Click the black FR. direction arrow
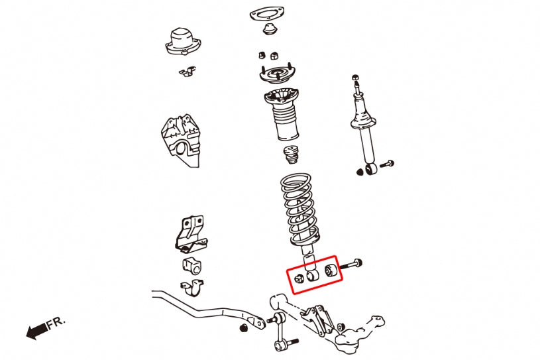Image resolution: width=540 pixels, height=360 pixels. [x=36, y=331]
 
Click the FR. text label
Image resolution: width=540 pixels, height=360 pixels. [x=56, y=323]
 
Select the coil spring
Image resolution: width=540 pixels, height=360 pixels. [x=299, y=210]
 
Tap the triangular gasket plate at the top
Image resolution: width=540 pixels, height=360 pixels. [x=266, y=15]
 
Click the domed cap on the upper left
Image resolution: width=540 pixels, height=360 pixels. [x=183, y=41]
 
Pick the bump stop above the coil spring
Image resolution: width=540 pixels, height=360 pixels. [x=292, y=155]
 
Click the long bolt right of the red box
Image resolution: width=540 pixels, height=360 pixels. [x=351, y=265]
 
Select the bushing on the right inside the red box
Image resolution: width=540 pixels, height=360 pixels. [x=330, y=270]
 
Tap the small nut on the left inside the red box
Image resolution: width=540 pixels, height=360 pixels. [x=299, y=278]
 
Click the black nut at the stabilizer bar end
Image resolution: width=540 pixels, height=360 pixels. [x=243, y=328]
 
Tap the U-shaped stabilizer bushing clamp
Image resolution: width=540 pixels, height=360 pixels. [x=192, y=288]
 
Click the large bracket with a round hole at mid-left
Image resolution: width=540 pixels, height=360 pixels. [x=180, y=140]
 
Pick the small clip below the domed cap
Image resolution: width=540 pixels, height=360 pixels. [x=188, y=72]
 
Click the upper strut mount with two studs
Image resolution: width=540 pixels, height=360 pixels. [x=277, y=75]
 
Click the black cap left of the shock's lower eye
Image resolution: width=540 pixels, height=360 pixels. [x=360, y=172]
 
